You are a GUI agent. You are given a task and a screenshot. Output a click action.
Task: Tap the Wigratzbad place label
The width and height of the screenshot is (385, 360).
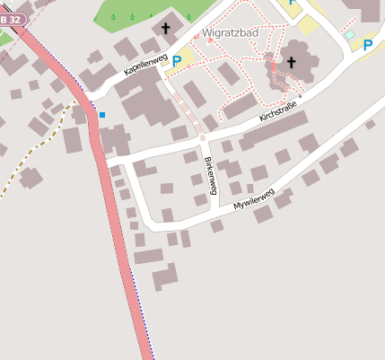tap(232, 35)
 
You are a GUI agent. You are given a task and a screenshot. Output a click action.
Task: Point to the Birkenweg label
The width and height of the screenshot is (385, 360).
tap(210, 176)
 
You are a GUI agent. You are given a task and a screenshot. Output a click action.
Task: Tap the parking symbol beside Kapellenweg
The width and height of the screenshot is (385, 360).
tap(177, 61)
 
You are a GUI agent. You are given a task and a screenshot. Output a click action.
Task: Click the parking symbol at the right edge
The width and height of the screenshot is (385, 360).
tap(368, 43)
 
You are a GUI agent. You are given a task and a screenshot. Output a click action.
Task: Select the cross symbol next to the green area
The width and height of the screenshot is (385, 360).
tap(165, 29)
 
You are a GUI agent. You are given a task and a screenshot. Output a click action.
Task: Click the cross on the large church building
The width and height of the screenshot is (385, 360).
tap(291, 62)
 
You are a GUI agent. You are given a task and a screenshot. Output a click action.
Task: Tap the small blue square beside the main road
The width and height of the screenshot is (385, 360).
tap(102, 115)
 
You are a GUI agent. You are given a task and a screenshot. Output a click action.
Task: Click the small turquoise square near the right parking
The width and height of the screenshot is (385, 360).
tap(350, 35)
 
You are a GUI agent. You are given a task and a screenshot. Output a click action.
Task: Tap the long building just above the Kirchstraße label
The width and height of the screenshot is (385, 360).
tap(241, 106)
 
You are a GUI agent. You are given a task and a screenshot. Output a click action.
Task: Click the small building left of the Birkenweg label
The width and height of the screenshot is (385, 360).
tap(194, 179)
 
